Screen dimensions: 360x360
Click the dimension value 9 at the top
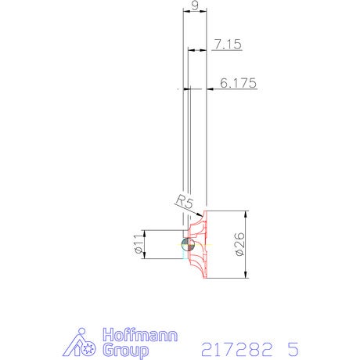pyautogui.click(x=195, y=5)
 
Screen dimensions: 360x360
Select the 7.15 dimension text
pyautogui.click(x=228, y=44)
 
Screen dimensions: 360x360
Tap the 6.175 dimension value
pyautogui.click(x=238, y=83)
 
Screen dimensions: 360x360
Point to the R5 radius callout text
pyautogui.click(x=185, y=202)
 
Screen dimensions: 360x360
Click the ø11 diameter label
pyautogui.click(x=139, y=243)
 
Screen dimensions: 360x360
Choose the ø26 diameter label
pyautogui.click(x=240, y=244)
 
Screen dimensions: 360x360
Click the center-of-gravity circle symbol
pyautogui.click(x=188, y=244)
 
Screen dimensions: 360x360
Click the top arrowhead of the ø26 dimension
pyautogui.click(x=246, y=214)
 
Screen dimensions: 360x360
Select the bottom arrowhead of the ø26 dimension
pyautogui.click(x=246, y=275)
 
